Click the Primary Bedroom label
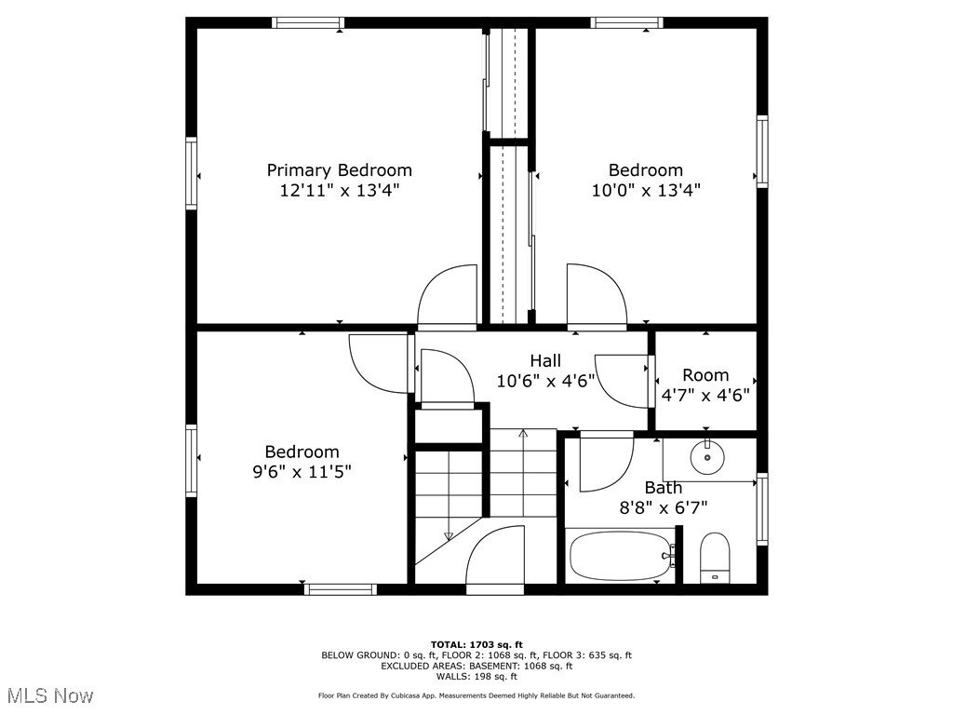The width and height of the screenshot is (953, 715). [x=339, y=170]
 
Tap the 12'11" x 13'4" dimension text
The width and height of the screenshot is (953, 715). [x=339, y=191]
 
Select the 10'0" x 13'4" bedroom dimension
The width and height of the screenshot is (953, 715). [x=645, y=191]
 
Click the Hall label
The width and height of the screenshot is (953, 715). [x=545, y=360]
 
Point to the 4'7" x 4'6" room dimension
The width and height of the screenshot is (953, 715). [x=705, y=394]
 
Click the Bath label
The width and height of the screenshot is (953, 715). [x=663, y=488]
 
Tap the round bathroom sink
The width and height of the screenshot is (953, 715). [x=707, y=456]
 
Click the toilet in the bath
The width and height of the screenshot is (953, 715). [x=715, y=558]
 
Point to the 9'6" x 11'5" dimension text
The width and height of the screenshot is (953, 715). [x=302, y=472]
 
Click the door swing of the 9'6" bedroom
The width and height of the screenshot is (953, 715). [x=380, y=363]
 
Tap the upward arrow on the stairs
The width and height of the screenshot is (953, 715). [x=523, y=434]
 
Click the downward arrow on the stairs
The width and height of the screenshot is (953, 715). [x=449, y=535]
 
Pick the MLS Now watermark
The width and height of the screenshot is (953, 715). [x=50, y=695]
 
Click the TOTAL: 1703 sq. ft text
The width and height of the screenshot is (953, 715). [x=476, y=644]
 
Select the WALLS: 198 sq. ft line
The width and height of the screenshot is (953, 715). [x=476, y=677]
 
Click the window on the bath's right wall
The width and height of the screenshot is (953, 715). [x=762, y=508]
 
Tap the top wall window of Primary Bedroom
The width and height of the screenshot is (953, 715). [x=308, y=22]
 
